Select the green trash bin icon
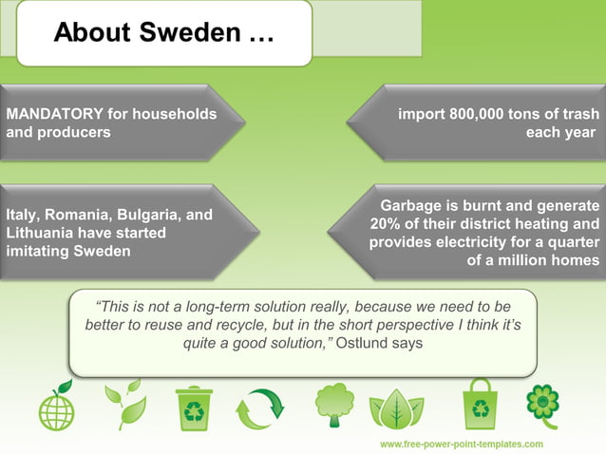tap(194, 407)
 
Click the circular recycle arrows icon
tap(259, 408)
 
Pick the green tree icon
tap(334, 405)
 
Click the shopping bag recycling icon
tap(478, 405)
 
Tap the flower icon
tap(542, 404)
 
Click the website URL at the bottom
tap(462, 444)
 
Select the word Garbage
tap(415, 206)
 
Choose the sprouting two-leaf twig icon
tap(124, 406)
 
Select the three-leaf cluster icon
tap(396, 408)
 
